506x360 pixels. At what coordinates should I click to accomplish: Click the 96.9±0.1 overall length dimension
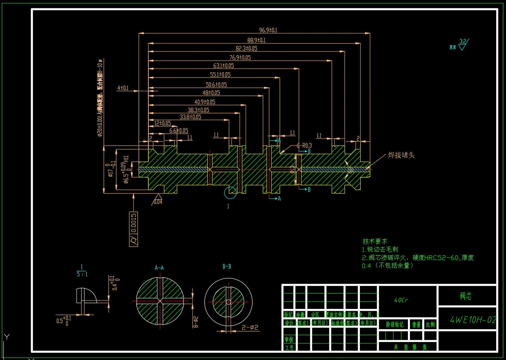[268, 30]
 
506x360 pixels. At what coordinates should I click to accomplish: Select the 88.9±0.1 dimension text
[256, 40]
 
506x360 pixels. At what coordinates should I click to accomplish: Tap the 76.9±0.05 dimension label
[240, 57]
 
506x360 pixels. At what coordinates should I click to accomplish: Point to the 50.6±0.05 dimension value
[216, 85]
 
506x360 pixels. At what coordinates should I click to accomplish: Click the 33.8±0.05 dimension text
[190, 117]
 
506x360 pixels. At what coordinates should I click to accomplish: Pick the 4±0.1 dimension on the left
[123, 88]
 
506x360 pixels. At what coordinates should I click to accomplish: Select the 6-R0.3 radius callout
[304, 145]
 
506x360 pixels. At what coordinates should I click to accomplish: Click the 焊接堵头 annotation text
[401, 155]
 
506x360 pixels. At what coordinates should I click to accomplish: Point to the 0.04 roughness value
[158, 202]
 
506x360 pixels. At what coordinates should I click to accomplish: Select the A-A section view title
[159, 268]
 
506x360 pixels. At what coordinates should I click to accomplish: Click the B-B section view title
[227, 267]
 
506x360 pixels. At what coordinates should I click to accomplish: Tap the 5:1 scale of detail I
[82, 274]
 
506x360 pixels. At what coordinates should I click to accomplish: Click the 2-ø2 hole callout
[250, 327]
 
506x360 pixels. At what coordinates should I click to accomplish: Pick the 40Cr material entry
[401, 300]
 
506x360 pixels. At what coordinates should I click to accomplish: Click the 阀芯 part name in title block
[466, 296]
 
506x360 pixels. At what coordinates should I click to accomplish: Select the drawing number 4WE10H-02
[473, 320]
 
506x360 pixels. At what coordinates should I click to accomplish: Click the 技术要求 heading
[375, 241]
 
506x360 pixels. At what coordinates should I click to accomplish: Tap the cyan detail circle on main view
[230, 192]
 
